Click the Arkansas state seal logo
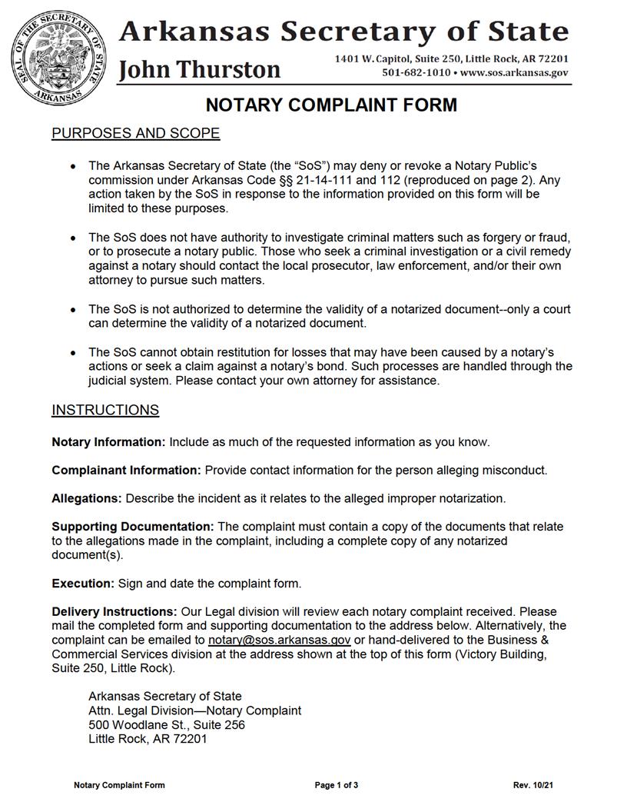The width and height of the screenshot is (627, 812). [60, 59]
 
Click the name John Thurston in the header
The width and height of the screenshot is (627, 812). [200, 70]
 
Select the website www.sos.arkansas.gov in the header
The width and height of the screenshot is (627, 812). [514, 73]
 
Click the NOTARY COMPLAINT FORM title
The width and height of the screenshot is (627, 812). [330, 105]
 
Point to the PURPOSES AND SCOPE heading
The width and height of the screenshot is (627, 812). [135, 134]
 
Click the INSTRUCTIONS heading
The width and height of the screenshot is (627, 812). [105, 410]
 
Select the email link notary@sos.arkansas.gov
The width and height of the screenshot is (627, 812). [280, 640]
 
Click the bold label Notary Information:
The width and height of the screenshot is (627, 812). [108, 442]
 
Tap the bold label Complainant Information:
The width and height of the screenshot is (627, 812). [126, 470]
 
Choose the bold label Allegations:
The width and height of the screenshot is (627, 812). [87, 498]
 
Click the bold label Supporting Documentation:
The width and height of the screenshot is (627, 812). [133, 527]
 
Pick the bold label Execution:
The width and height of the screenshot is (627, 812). [83, 584]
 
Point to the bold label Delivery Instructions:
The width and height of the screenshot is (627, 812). [114, 612]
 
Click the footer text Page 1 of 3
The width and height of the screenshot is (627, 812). [337, 785]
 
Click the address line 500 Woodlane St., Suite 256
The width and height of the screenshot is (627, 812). [167, 724]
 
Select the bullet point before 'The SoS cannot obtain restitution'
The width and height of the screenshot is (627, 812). [72, 353]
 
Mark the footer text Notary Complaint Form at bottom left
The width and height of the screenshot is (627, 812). [119, 785]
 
